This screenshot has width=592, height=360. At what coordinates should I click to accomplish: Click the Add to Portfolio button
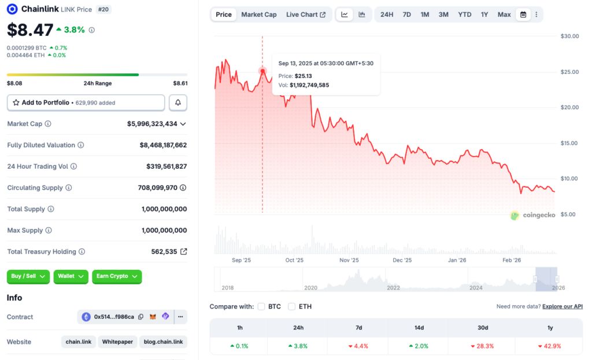point(86,102)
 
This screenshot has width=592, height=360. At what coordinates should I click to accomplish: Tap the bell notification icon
point(178,102)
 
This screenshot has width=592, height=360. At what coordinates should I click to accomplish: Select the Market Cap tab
point(258,14)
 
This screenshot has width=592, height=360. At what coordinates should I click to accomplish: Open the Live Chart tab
point(305,14)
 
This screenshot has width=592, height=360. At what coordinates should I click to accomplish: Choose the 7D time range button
point(406,14)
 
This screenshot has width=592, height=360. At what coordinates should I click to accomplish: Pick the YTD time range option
point(464,14)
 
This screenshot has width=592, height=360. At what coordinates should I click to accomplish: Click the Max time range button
point(504,14)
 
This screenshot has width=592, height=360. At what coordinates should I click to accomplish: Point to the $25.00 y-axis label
point(569,72)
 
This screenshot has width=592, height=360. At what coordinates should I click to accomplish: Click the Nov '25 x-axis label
point(349,260)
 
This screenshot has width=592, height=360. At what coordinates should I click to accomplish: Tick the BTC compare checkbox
point(261,306)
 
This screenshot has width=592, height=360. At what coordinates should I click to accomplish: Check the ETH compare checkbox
point(291,306)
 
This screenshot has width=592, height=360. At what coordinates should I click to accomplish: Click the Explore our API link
point(562,306)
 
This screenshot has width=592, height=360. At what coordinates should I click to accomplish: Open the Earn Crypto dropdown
point(117,276)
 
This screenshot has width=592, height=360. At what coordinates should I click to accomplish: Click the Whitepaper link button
point(117,342)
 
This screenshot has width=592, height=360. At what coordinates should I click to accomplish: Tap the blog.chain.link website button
point(164,342)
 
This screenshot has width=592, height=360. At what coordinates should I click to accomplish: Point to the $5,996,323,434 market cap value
point(152,124)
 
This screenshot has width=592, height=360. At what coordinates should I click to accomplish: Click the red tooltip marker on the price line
point(262,71)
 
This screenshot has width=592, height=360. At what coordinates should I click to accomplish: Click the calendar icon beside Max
point(523,14)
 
